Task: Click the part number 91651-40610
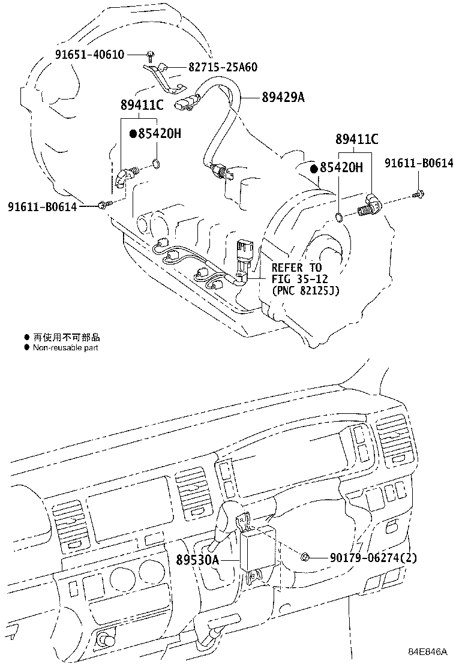click(90, 55)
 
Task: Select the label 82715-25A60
click(215, 67)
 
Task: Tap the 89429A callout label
click(283, 97)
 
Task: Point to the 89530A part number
click(197, 560)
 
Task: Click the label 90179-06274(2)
click(373, 558)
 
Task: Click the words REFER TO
click(296, 268)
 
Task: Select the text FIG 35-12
click(299, 279)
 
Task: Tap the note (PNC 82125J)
click(305, 291)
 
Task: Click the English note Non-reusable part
click(65, 347)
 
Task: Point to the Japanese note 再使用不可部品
click(66, 338)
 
